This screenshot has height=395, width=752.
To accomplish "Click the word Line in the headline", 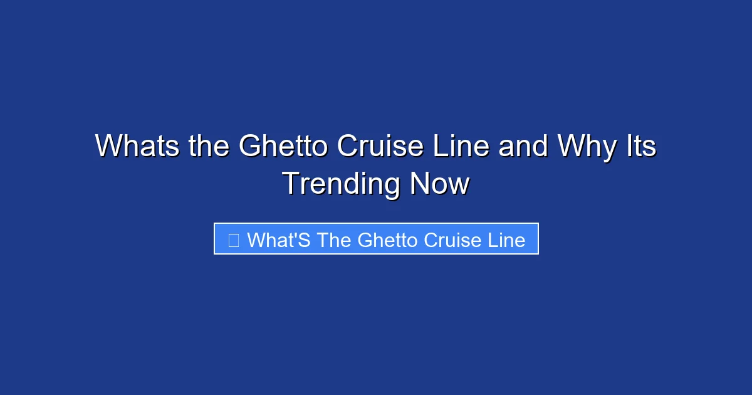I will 463,147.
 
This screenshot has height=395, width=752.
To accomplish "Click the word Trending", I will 342,184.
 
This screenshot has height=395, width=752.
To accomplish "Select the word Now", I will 439,184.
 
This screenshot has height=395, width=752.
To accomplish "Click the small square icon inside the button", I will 234,240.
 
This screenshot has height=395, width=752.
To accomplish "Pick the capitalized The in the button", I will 334,240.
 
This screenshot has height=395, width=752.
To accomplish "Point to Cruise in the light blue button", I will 455,240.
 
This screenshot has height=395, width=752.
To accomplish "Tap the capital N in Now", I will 420,184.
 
